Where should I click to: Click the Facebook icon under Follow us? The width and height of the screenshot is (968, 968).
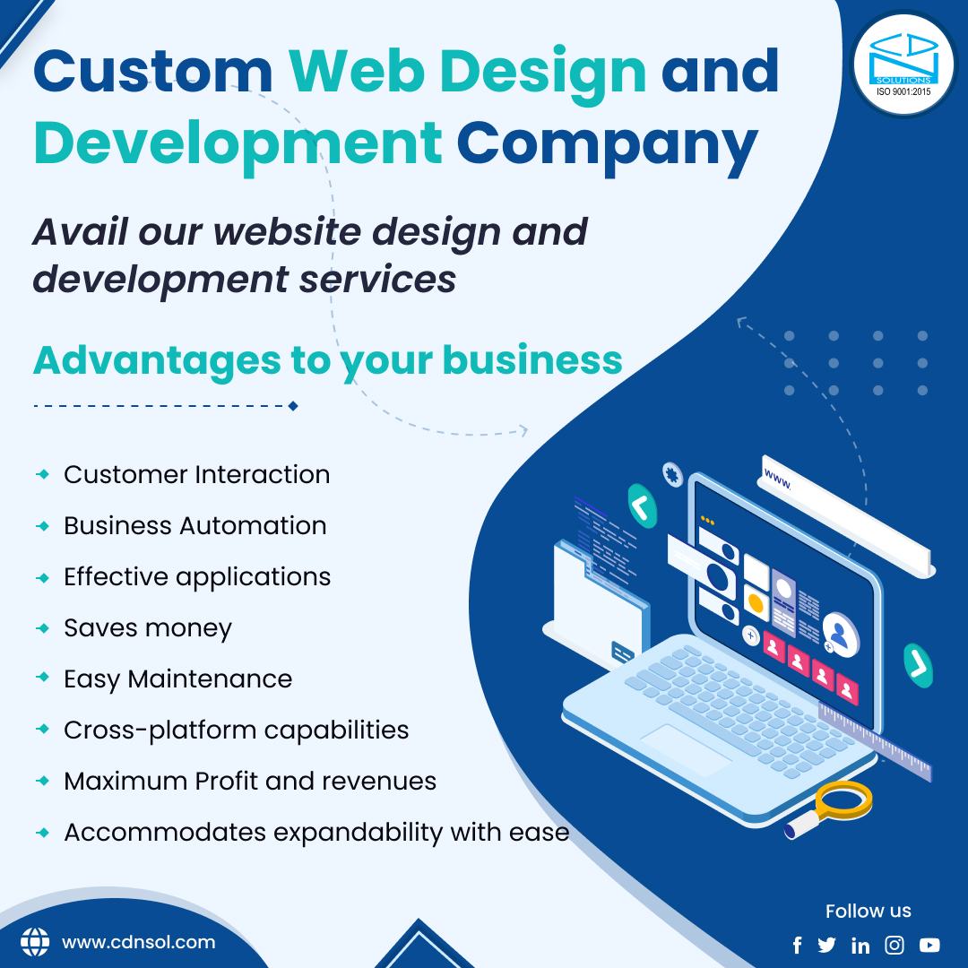point(798,946)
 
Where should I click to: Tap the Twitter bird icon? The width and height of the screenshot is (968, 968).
point(826,946)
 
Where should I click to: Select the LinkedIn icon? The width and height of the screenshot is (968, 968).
point(860,946)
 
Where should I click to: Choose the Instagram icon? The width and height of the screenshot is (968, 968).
point(895,946)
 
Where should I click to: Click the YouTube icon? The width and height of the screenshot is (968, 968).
point(929,946)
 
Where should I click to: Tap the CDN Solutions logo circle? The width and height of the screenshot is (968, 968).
point(903,65)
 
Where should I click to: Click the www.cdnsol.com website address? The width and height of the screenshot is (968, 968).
point(138,942)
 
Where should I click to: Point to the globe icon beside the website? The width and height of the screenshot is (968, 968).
point(35,942)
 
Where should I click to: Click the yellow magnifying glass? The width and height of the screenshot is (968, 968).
point(830,808)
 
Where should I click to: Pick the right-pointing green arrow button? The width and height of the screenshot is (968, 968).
point(918,665)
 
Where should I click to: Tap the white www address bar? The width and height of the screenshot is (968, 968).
point(846,516)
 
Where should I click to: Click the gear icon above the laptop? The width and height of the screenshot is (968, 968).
point(672,474)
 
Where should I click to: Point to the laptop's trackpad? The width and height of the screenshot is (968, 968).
point(687,749)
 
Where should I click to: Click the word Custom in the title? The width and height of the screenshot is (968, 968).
point(153,72)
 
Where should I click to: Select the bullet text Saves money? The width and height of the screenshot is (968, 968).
point(148,628)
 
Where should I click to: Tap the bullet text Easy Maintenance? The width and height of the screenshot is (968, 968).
point(178,679)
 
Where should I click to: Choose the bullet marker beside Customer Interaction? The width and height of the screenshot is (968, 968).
point(43,474)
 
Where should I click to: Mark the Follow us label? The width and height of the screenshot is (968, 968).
point(868,911)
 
